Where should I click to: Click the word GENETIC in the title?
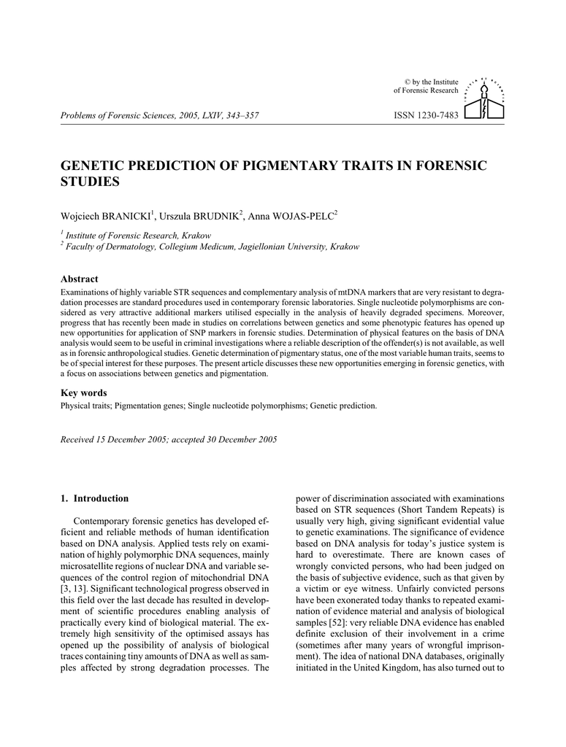pos(91,166)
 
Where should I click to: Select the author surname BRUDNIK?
pos(214,217)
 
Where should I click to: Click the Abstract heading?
pos(79,279)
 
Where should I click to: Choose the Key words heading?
pos(83,392)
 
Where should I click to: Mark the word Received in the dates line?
pos(77,439)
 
